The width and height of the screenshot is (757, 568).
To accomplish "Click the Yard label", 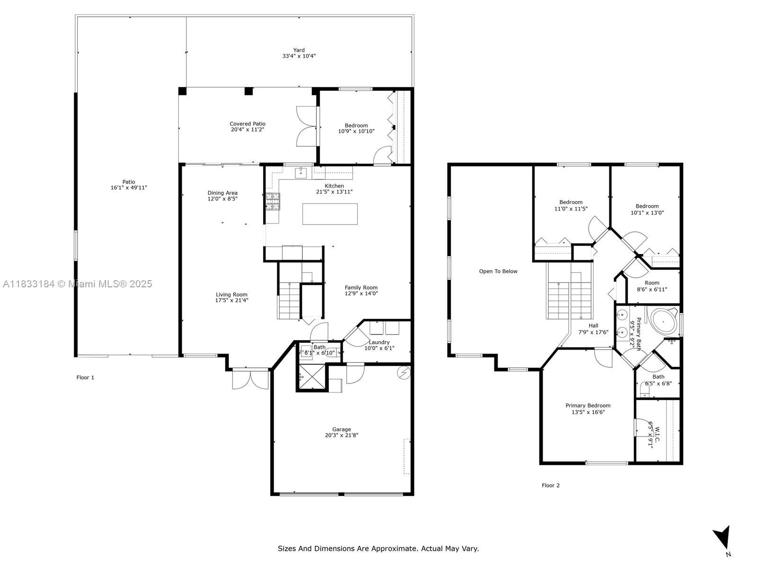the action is point(299,50).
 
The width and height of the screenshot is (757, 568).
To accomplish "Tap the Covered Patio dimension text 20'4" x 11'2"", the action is point(247,130).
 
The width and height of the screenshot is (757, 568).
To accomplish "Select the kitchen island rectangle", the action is point(330,214).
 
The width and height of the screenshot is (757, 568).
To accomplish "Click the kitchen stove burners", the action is point(273,202).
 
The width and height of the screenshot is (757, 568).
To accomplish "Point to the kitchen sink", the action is point(301,173).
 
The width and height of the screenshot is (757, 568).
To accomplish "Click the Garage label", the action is point(342,429).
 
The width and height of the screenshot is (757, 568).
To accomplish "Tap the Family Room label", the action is point(361,288).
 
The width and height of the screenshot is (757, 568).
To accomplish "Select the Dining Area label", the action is point(222,193).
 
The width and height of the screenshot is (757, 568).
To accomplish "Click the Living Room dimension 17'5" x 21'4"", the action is point(231,301).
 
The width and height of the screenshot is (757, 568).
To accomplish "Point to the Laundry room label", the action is point(379,342).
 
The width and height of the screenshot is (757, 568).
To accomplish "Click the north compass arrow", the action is point(722,537).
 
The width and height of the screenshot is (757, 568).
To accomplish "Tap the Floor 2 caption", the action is point(550,485).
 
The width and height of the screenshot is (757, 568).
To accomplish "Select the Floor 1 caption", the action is point(85,377).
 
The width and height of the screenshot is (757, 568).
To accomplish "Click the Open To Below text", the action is point(498,271).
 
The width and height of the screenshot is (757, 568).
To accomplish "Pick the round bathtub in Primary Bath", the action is point(663,322).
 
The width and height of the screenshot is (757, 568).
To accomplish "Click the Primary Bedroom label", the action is point(588,406).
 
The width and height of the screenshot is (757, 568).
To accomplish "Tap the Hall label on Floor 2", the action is point(593,326).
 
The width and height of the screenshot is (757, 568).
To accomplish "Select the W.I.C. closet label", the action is point(657,436).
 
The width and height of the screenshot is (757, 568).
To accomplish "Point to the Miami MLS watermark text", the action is point(77,284).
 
